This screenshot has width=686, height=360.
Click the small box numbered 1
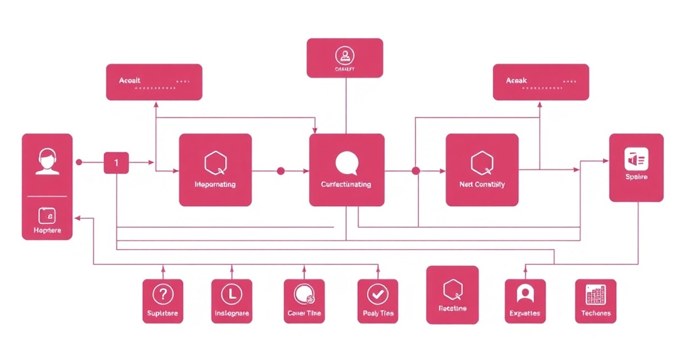pos(116,163)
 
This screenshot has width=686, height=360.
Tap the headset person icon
pos(47,162)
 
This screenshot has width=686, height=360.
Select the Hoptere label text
pos(47,230)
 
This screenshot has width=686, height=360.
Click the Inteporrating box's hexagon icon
pos(215,163)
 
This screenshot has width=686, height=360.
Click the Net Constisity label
pos(482,185)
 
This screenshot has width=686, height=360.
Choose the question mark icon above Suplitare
pos(163,294)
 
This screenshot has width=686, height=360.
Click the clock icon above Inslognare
pos(232,294)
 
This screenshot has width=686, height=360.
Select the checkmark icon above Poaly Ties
pos(377,294)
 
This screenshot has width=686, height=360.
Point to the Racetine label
pos(452,309)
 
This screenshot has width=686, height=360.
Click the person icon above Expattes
pos(524,294)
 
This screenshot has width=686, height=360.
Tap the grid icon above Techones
pos(596,294)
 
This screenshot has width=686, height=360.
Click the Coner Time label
pos(304,313)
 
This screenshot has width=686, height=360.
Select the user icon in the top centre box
pos(345,55)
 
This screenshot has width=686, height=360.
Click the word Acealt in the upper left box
pos(130,81)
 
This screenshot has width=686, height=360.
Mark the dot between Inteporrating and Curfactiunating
pos(280,170)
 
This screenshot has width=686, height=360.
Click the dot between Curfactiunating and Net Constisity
pos(416,170)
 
